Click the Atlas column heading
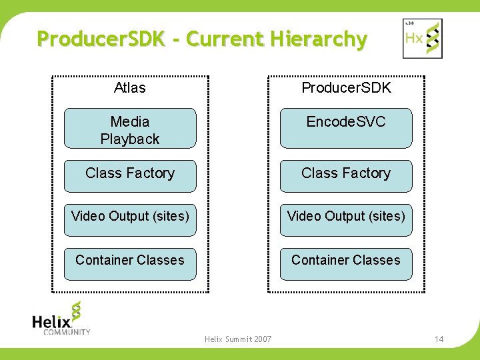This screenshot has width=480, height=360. [129, 88]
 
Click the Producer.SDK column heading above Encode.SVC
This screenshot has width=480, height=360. [346, 88]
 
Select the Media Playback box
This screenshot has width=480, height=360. [130, 129]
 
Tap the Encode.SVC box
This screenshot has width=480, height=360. [346, 128]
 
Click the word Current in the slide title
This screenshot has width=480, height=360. [225, 39]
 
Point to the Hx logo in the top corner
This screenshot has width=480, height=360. [422, 38]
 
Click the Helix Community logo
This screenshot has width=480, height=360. [61, 318]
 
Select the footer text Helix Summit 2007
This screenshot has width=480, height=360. [238, 339]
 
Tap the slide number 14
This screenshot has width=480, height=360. [439, 339]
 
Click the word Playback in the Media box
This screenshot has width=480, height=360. [130, 139]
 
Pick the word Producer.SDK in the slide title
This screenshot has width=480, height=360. [101, 39]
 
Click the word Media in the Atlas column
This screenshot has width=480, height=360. [130, 121]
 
